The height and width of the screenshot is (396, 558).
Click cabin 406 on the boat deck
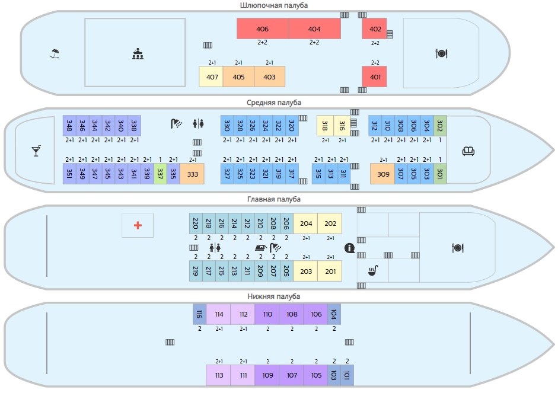tap(263, 29)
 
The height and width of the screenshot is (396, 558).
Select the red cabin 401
tap(375, 76)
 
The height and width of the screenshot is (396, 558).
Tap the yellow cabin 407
tap(211, 76)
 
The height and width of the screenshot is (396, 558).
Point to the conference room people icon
tap(138, 54)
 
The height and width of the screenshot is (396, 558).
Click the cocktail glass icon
tap(36, 151)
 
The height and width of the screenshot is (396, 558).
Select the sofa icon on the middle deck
tap(468, 151)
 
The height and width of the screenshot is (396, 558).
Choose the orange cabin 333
tap(192, 174)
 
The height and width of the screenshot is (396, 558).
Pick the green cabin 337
tap(160, 174)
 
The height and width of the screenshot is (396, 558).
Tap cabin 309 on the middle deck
tap(383, 174)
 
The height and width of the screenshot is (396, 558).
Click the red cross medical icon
tap(138, 225)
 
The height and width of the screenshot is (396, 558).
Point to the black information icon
tap(349, 248)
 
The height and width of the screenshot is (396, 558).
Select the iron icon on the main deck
tap(260, 248)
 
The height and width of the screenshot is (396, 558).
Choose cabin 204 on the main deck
tap(306, 223)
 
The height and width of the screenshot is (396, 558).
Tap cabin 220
tap(195, 223)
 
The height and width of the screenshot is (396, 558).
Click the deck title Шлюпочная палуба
tap(274, 5)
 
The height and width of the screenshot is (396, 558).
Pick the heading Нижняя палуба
tap(274, 296)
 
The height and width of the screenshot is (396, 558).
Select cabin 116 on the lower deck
tap(199, 314)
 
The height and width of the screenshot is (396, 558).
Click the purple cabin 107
tap(292, 375)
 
